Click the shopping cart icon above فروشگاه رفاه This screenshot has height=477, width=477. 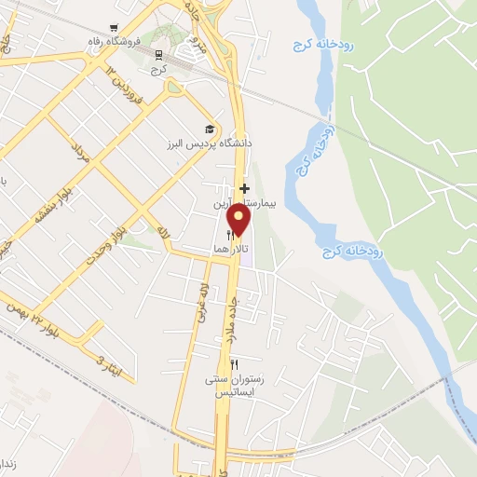click(x=114, y=28)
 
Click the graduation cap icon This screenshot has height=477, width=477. click(x=210, y=129)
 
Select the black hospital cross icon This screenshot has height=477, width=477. click(x=244, y=188)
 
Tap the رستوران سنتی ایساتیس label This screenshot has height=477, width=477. click(x=236, y=386)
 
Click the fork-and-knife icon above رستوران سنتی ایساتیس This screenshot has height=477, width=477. click(x=235, y=365)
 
